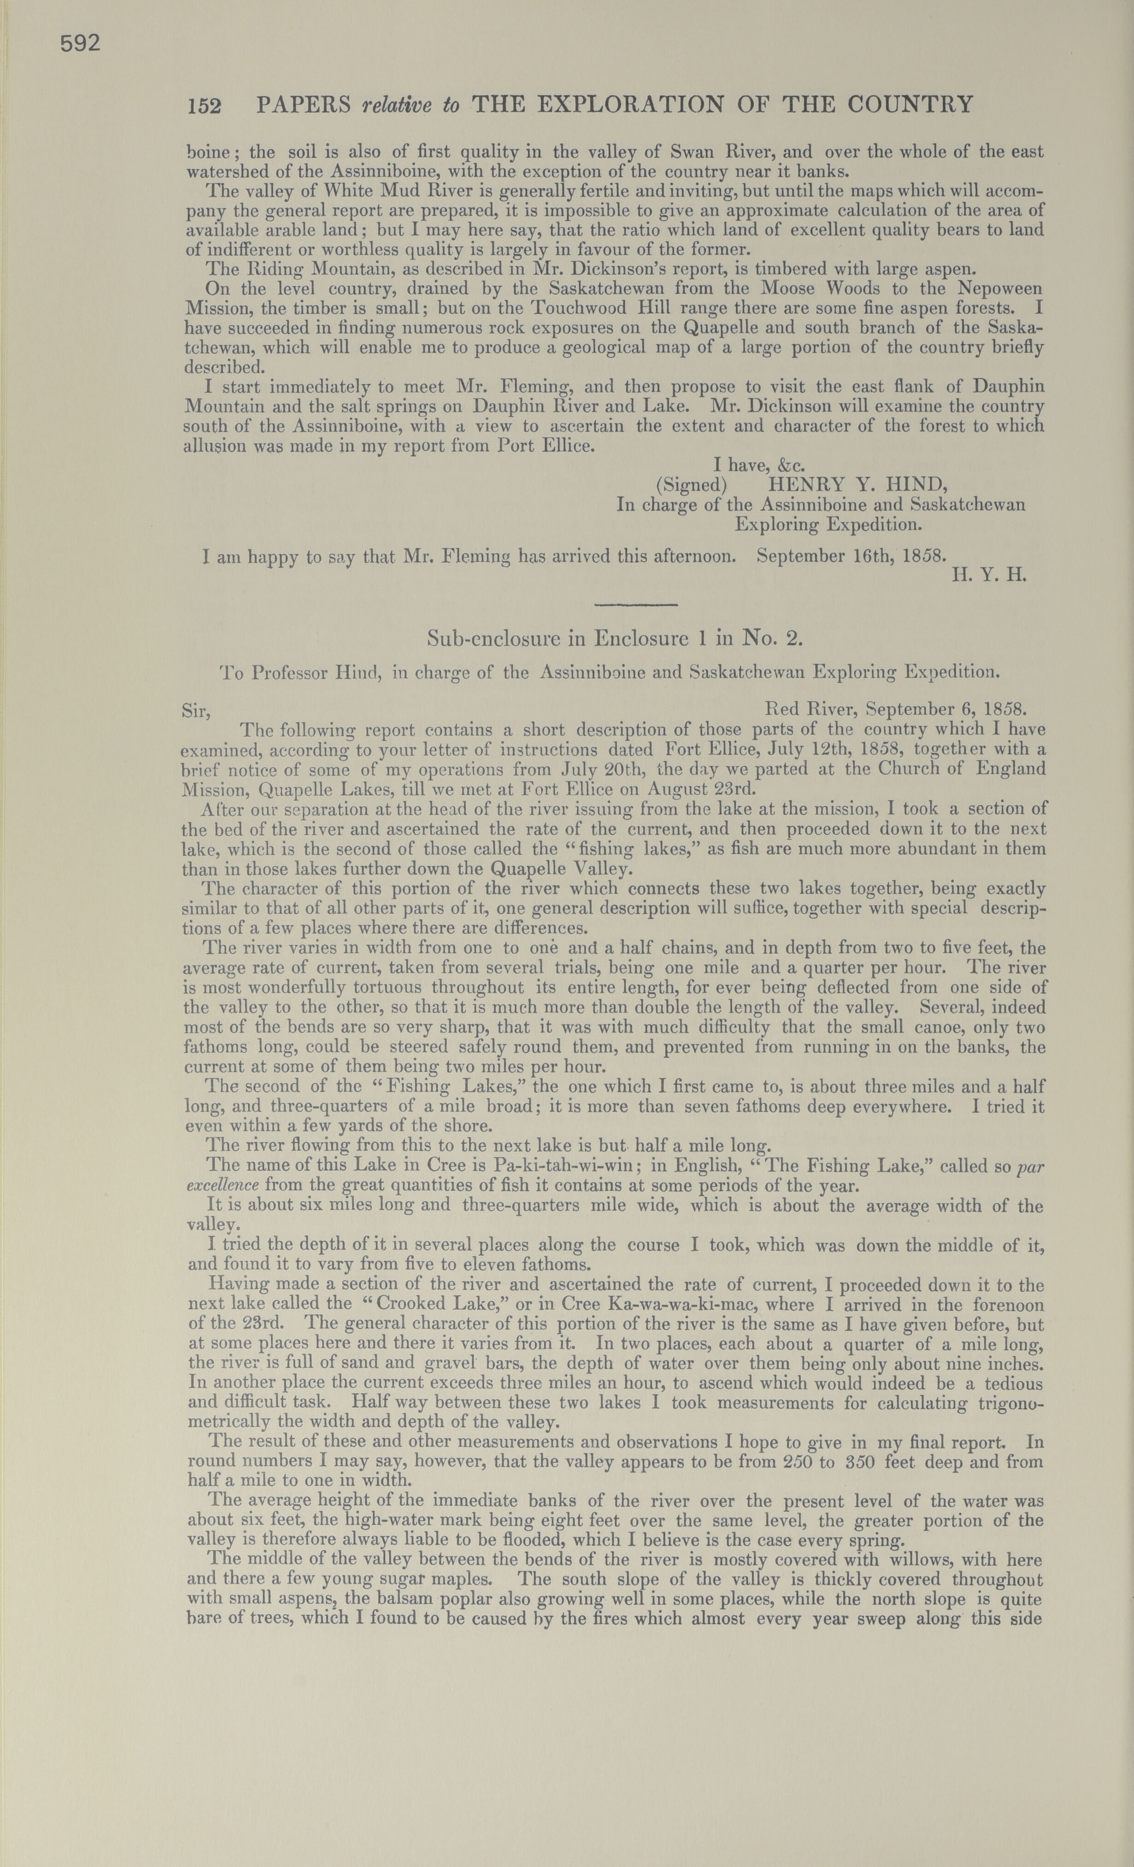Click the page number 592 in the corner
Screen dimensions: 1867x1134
coord(80,44)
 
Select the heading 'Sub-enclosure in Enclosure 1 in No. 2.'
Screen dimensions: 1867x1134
coord(614,639)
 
